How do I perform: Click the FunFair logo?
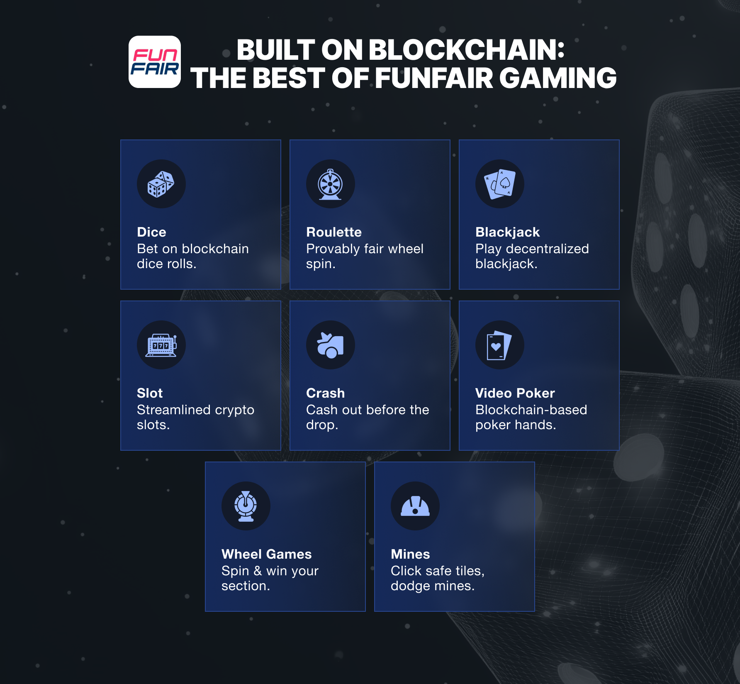point(154,62)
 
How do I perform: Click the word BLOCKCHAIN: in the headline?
point(466,50)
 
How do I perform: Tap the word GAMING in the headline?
point(558,78)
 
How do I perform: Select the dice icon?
point(161,184)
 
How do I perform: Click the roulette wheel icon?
point(330,184)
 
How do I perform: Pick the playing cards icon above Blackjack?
point(499,184)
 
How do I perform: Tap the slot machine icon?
point(161,345)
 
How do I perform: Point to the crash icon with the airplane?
point(330,345)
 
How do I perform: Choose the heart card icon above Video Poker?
point(499,345)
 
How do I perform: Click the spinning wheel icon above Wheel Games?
point(246,506)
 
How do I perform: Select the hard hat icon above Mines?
point(415,506)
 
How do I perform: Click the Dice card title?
point(151,232)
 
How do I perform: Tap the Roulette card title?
point(333,232)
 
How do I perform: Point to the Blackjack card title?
point(507,232)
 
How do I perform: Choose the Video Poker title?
point(515,393)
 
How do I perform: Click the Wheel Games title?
point(266,554)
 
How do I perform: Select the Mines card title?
point(410,554)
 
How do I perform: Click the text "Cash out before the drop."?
point(368,417)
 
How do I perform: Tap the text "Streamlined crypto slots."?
point(195,417)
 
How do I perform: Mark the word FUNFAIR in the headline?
point(434,78)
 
